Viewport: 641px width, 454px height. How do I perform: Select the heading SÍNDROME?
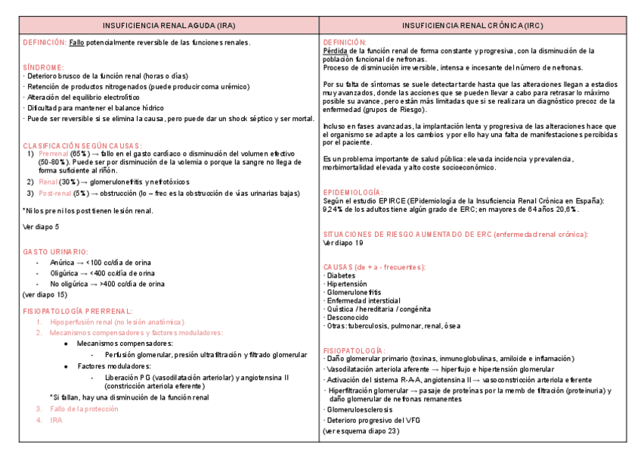coord(43,67)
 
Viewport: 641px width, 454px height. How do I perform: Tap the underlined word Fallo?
coord(76,43)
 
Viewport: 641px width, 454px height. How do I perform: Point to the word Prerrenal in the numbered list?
coord(54,154)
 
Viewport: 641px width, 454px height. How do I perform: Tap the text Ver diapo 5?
coord(41,227)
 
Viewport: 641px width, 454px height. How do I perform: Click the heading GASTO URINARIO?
coord(56,251)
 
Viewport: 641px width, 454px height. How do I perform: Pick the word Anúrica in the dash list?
coord(63,263)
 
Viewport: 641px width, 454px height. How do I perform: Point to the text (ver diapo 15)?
coord(45,294)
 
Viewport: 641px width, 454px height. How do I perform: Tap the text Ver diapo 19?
coord(343,244)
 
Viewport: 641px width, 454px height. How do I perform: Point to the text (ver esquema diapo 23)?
coord(361,431)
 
